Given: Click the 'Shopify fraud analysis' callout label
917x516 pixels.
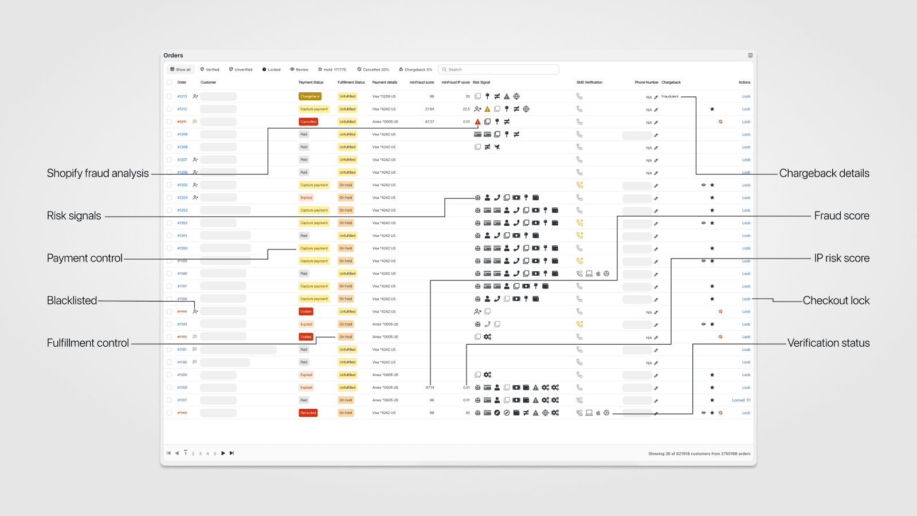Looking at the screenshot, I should [97, 173].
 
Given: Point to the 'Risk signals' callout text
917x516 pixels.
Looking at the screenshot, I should [74, 216].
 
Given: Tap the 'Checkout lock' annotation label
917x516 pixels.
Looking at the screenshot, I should [836, 300].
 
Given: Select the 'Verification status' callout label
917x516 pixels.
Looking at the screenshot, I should [828, 343].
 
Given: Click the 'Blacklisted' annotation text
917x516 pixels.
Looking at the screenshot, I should [72, 300].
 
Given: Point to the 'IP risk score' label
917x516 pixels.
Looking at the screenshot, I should [841, 258].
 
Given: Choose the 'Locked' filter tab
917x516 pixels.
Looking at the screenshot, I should [272, 69].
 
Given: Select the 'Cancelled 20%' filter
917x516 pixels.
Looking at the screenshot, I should [373, 69].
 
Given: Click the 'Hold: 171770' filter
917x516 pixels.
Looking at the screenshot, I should [332, 69].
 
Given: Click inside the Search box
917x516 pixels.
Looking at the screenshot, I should [499, 69].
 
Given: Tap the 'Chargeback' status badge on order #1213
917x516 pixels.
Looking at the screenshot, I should [310, 96].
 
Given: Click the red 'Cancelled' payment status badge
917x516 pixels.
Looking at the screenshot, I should [308, 122].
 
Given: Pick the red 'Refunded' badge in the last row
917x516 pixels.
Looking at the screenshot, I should [308, 413].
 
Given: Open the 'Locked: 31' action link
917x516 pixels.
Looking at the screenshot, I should [741, 400].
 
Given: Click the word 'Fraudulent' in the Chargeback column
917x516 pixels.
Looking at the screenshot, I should [670, 96].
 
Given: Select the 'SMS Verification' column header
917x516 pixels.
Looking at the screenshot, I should [589, 83].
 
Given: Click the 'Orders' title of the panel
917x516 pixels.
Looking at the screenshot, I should [173, 56].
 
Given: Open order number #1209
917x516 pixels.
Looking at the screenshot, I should [182, 134].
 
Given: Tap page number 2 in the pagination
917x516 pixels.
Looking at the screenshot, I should [193, 454].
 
